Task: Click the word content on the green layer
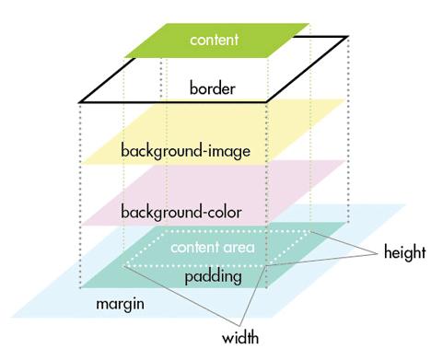click(x=214, y=41)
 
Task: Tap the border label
click(x=213, y=89)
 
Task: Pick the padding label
click(x=213, y=275)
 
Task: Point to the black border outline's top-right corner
click(x=348, y=38)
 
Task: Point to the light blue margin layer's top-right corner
click(x=407, y=204)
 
